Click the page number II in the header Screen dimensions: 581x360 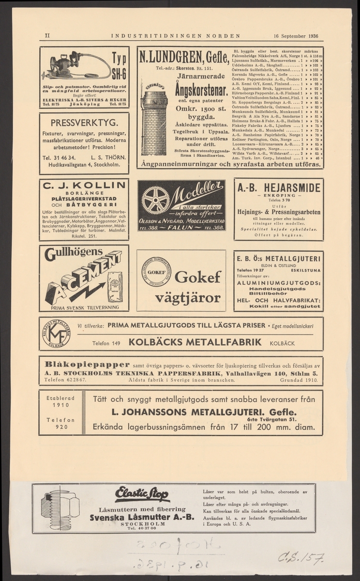[47, 35]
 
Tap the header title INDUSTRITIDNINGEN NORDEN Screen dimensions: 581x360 [176, 35]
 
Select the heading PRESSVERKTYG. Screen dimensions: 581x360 [85, 122]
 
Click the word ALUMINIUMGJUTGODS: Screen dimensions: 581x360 [278, 282]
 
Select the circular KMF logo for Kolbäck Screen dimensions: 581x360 [56, 334]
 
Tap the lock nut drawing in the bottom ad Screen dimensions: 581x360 [61, 508]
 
